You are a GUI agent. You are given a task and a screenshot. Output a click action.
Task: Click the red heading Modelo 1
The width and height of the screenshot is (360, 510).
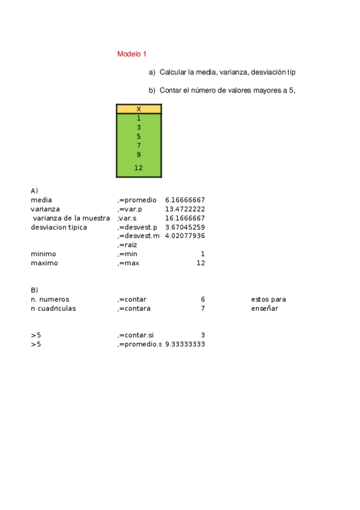[132, 54]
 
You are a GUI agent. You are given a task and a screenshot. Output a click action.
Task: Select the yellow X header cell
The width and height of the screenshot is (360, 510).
[139, 109]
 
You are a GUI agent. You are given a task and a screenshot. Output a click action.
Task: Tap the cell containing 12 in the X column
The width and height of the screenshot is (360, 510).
[139, 168]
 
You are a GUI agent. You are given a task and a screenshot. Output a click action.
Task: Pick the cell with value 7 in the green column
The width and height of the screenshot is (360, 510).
[139, 146]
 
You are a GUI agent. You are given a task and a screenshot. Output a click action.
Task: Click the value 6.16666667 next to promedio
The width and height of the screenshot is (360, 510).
[185, 200]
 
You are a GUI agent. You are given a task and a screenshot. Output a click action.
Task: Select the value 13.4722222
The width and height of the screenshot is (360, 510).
[185, 209]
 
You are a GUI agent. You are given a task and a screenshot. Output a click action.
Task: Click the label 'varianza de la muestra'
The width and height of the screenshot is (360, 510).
[72, 218]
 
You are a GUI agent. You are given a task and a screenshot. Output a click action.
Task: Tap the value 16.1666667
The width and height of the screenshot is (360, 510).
[185, 218]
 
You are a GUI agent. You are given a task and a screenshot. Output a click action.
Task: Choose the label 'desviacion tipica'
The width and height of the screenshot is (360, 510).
[59, 227]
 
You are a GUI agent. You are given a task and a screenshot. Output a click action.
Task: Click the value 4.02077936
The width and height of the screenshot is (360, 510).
[185, 236]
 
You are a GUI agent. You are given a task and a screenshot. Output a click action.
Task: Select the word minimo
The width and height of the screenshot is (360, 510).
[43, 254]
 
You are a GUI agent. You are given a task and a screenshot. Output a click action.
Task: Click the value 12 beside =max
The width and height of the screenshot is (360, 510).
[201, 263]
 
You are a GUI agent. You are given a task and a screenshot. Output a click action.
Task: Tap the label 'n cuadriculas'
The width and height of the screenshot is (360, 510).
[53, 309]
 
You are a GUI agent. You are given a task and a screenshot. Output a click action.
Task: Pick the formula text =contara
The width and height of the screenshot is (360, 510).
[134, 309]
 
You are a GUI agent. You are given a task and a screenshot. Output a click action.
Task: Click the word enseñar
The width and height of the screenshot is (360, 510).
[265, 309]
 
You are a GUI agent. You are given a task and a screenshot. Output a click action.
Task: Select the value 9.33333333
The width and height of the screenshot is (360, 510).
[185, 344]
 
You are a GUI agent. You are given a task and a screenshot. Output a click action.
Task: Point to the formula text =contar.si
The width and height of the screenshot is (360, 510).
[136, 335]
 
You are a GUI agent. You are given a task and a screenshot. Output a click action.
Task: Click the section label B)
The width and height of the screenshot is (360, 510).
[35, 290]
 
